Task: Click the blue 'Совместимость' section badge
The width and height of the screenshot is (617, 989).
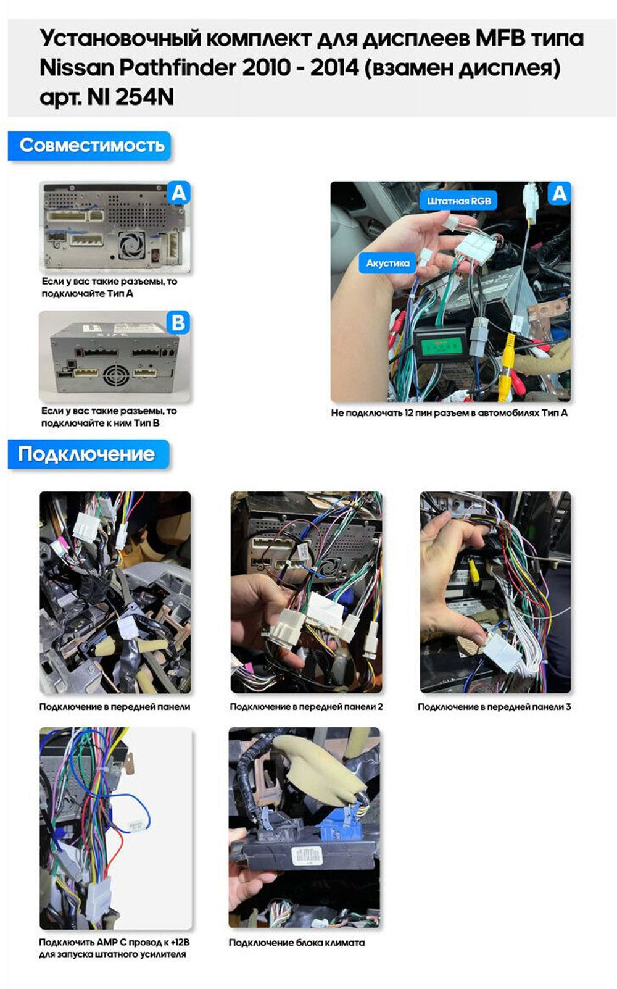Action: pos(89,146)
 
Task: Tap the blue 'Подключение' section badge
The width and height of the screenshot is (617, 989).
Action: pos(88,454)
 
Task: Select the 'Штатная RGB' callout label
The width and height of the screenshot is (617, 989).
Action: pos(458,201)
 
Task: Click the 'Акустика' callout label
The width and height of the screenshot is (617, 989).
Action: pos(387,263)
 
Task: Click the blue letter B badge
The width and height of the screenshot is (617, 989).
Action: pos(178,323)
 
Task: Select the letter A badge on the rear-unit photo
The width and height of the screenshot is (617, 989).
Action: pos(178,193)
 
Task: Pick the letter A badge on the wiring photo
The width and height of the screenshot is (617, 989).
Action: pos(559,193)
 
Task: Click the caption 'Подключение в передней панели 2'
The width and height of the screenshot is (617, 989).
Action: pos(306,706)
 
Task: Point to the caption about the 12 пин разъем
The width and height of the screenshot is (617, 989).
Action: pos(449,413)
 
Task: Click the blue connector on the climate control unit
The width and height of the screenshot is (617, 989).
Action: pos(337,825)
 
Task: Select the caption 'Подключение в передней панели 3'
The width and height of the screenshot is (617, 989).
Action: pos(494,706)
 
